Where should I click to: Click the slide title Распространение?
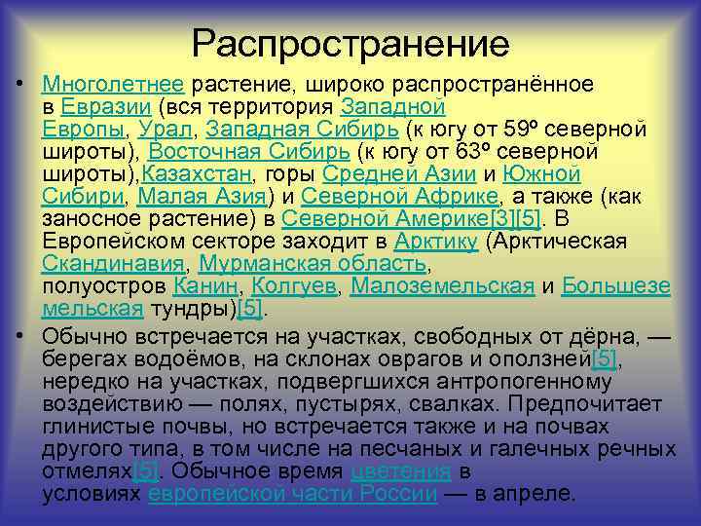pos(350,43)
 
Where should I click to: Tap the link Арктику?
pos(435,241)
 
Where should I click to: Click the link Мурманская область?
pos(314,263)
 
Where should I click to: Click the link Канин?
pos(208,285)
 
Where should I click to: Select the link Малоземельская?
pos(442,285)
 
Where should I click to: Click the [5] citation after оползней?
pos(605,359)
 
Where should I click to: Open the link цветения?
pos(400,470)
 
